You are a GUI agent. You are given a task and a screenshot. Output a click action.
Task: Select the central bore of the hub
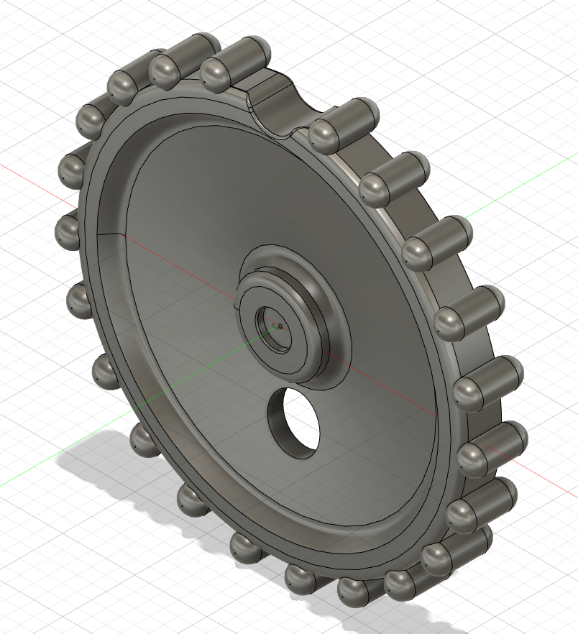[276, 328]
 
